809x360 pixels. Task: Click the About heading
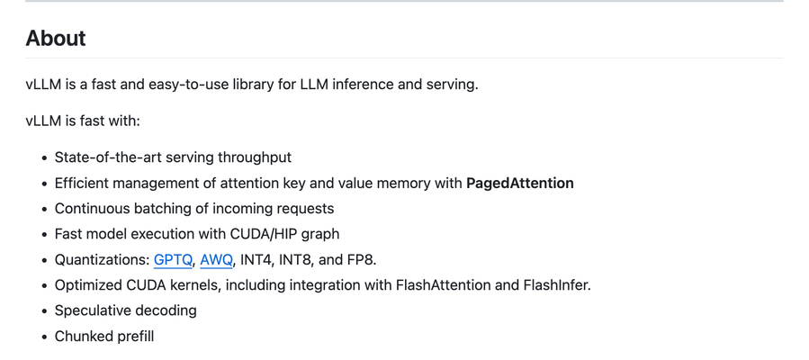pos(56,39)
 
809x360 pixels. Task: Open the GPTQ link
pos(173,259)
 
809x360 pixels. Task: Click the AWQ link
pos(216,259)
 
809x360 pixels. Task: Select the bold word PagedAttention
pos(519,183)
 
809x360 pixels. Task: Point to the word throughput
pos(252,157)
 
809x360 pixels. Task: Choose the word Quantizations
pos(101,259)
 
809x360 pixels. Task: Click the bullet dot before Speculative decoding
pos(44,311)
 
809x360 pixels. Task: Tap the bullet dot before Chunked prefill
pos(44,337)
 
